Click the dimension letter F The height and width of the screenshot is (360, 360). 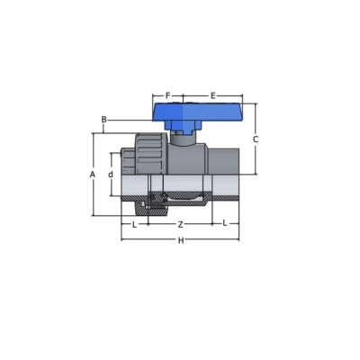coord(168,95)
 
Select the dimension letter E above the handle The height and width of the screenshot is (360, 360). coord(212,96)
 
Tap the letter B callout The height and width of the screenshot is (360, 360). coord(103,120)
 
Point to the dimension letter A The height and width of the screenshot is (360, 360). coord(93,175)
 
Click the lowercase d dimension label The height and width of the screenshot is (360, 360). coord(111,175)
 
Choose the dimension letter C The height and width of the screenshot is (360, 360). coord(256,139)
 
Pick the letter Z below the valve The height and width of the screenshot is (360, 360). coord(180,225)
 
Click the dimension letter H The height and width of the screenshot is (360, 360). coord(181,240)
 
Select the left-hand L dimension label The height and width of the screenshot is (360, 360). coord(135,225)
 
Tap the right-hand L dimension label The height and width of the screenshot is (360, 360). coord(225,223)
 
